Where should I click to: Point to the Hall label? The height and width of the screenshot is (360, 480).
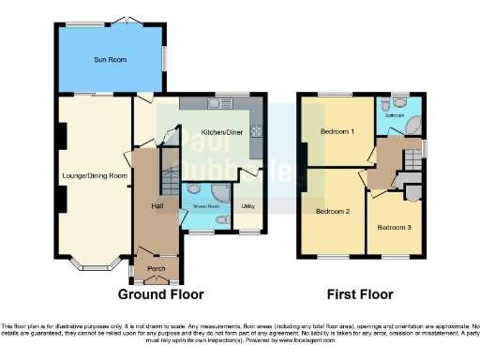click(148, 206)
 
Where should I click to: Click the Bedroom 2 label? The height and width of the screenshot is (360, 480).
click(333, 212)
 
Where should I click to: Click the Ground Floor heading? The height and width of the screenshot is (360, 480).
click(160, 294)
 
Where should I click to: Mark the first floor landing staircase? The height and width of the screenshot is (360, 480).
click(410, 168)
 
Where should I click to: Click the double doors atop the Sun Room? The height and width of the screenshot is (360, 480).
click(127, 21)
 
